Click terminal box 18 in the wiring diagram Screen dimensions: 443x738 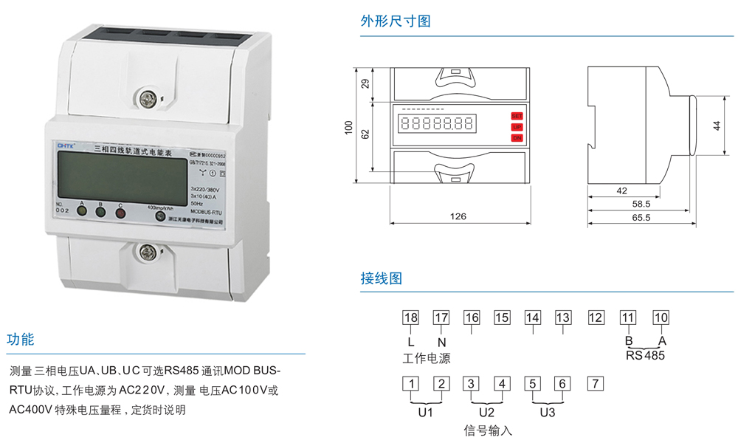click(x=410, y=317)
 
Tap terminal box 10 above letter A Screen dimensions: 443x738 click(x=661, y=317)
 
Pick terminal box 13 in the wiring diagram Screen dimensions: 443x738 click(x=563, y=317)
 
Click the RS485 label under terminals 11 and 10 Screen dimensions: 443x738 click(x=645, y=355)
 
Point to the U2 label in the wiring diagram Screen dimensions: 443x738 click(x=486, y=413)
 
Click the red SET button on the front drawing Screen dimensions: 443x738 click(x=517, y=116)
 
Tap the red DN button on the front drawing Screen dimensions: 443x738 click(x=517, y=138)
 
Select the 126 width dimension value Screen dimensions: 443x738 click(x=458, y=216)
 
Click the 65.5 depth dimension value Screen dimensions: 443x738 click(x=641, y=218)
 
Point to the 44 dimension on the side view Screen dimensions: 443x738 click(x=717, y=126)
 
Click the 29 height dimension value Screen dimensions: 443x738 click(x=364, y=83)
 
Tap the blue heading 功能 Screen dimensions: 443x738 click(x=21, y=340)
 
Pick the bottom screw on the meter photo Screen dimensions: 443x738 click(x=145, y=253)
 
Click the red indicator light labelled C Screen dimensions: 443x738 click(x=120, y=213)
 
